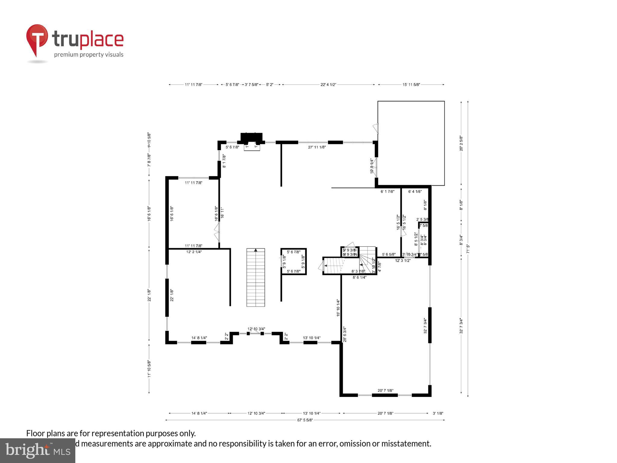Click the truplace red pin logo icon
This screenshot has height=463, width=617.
(37, 39)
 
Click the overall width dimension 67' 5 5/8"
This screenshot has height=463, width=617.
(305, 420)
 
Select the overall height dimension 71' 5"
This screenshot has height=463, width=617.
(468, 249)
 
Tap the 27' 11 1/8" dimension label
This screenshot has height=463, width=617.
(317, 147)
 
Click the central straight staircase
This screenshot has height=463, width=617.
(255, 277)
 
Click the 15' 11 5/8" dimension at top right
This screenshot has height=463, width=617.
(411, 85)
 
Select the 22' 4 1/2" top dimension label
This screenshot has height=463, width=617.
(328, 85)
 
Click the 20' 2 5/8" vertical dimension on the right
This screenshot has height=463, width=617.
(461, 143)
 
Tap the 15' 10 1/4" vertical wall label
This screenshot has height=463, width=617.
(338, 308)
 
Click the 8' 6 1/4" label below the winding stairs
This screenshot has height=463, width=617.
(359, 277)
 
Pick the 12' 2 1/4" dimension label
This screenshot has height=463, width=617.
(194, 252)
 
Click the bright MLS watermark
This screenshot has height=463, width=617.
(38, 451)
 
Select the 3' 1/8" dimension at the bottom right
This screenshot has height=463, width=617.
(438, 413)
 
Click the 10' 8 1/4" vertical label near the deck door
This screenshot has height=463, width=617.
(372, 166)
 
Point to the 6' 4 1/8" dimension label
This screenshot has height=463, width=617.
(415, 191)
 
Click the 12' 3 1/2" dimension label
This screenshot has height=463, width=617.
(403, 261)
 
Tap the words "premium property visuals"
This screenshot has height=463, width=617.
(89, 55)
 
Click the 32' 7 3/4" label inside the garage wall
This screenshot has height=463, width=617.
(425, 326)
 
